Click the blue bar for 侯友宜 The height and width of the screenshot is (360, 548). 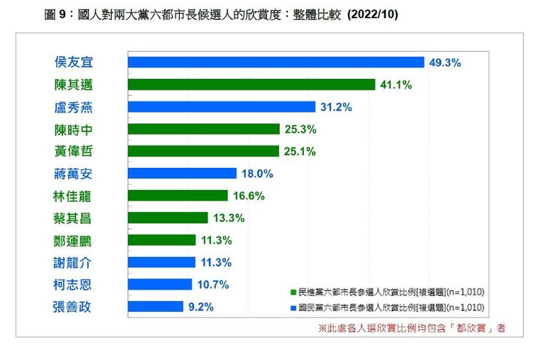pos(276,63)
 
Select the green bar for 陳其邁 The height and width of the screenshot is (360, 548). pos(251,85)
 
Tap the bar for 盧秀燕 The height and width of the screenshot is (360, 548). pos(221,107)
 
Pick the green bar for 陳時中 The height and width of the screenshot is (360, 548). pos(204,129)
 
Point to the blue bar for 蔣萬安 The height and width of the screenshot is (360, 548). pos(182,174)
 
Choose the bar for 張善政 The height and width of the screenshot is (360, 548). pos(156,307)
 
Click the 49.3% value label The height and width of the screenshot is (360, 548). pos(445,63)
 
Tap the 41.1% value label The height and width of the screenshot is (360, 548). pos(396,85)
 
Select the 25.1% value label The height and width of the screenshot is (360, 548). pos(300,151)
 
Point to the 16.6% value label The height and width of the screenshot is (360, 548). pos(249,196)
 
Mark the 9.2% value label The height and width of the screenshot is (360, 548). pos(201,307)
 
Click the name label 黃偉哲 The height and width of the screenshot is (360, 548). pos(73,152)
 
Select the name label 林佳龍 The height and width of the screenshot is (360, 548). pos(73,196)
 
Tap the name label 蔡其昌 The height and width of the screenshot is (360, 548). pos(73,218)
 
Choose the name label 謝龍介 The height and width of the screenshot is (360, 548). pos(73,262)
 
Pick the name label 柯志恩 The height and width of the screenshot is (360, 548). pos(73,285)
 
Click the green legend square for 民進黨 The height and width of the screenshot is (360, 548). pos(293,291)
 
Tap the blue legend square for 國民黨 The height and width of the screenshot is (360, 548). pos(293,307)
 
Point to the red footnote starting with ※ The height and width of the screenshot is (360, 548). pos(411,328)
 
